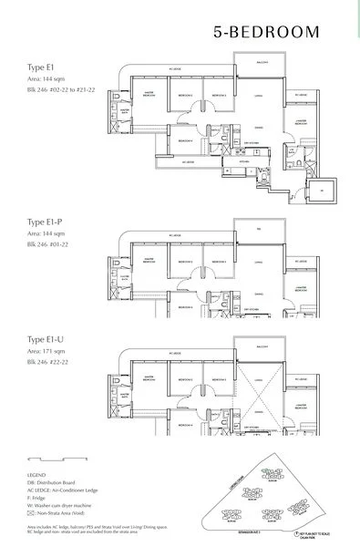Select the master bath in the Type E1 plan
117,114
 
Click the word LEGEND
40,476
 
